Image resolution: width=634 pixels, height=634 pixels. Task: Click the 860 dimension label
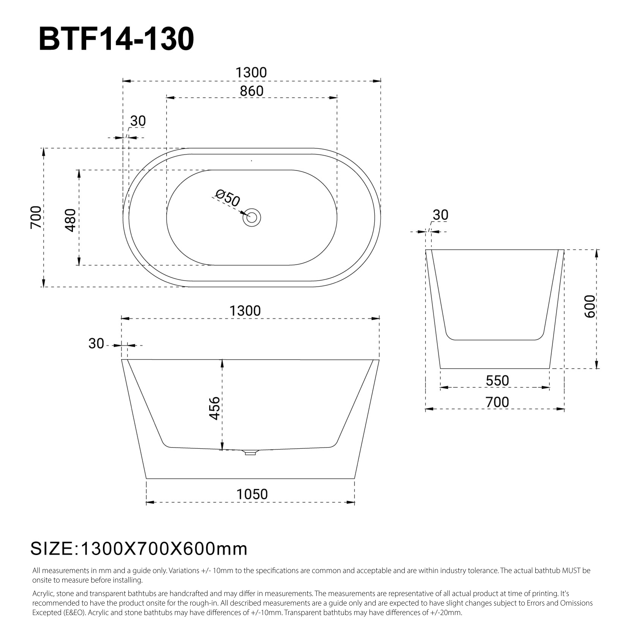pos(252,91)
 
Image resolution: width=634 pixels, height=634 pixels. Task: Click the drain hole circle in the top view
pos(252,218)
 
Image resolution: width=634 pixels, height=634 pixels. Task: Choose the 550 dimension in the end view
pos(497,381)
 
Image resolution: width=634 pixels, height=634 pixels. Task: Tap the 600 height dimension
pos(590,306)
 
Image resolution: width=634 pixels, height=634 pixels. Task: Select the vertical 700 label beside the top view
pos(36,217)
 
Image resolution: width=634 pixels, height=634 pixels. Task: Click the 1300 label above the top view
pos(251,72)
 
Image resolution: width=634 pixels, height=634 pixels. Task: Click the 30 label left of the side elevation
pos(96,344)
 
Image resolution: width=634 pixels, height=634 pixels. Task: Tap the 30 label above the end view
pos(440,215)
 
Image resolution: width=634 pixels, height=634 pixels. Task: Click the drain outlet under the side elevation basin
pos(250,453)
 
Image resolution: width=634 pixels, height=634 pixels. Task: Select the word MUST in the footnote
pos(571,580)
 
